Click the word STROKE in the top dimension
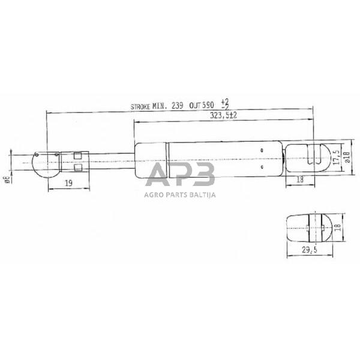142,106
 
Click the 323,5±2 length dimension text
223,117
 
